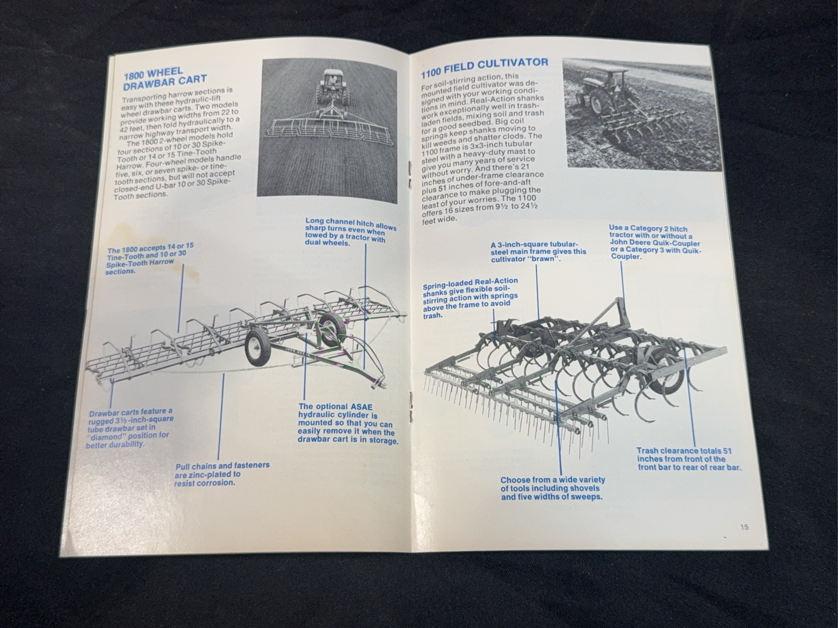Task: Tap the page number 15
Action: click(x=744, y=527)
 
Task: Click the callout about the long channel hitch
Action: click(x=350, y=231)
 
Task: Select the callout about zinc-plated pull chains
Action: click(x=222, y=474)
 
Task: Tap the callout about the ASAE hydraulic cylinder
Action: click(x=347, y=424)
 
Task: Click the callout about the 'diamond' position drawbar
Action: click(x=129, y=428)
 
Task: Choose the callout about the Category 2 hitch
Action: click(x=655, y=242)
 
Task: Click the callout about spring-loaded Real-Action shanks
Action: click(x=470, y=298)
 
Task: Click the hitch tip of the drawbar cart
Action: click(x=381, y=385)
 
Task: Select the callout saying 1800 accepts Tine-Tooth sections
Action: click(x=150, y=258)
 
